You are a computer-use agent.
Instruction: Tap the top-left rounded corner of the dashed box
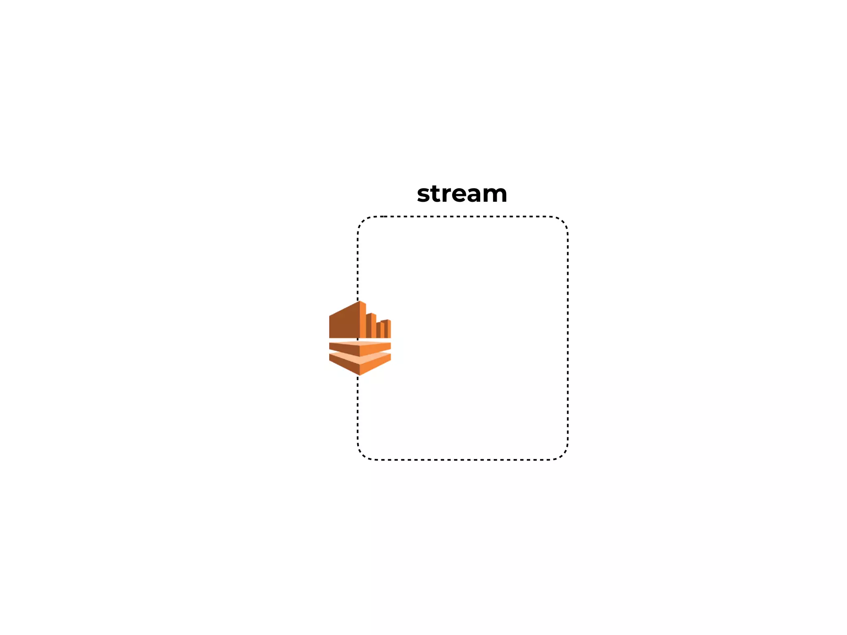coord(363,222)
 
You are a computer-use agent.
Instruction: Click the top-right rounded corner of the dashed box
coord(563,222)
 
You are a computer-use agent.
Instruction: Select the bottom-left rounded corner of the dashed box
coord(363,454)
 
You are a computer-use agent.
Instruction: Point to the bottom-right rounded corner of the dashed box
coord(563,454)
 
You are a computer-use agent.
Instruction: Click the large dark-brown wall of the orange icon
coord(344,325)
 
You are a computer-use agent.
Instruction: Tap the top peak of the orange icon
coord(360,302)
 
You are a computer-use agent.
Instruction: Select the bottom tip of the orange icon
coord(359,375)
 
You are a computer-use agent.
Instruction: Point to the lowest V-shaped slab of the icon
coord(360,365)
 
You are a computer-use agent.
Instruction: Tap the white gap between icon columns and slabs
coord(360,340)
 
